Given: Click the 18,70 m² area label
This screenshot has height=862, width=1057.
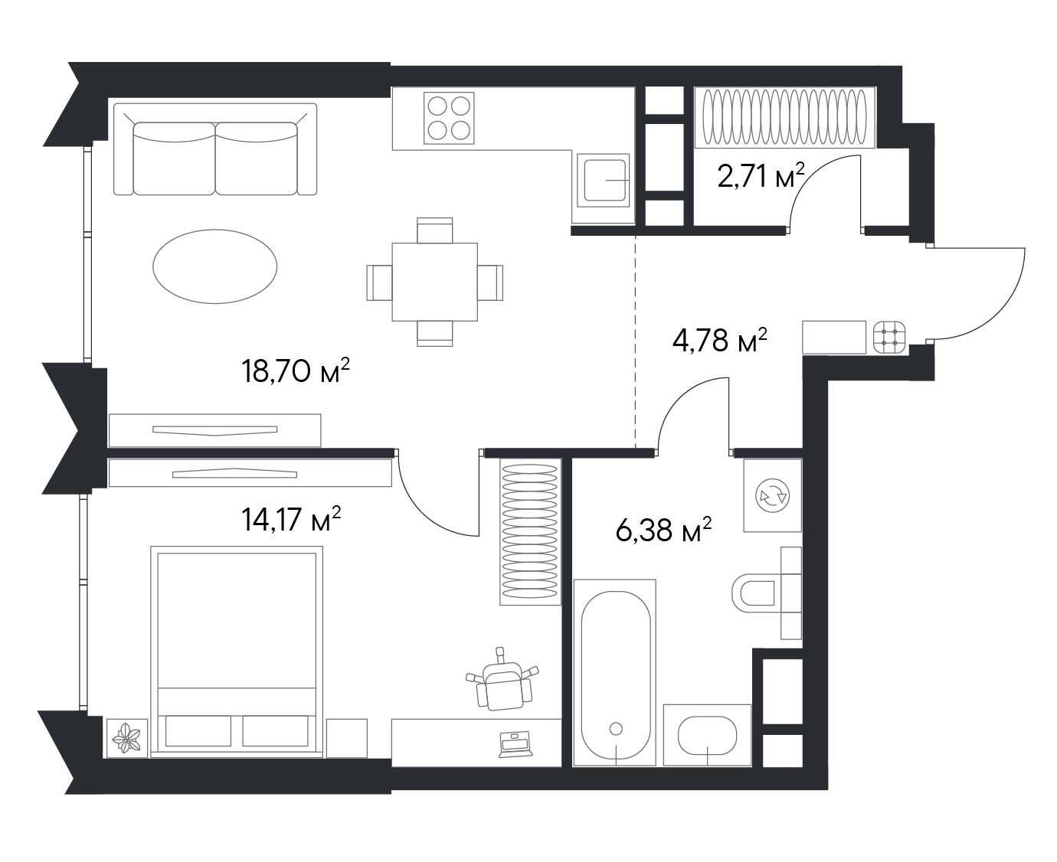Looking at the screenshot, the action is (x=295, y=371).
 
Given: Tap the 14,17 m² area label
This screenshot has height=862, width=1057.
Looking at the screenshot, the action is (x=291, y=519).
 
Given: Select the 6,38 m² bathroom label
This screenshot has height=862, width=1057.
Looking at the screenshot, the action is (x=663, y=531).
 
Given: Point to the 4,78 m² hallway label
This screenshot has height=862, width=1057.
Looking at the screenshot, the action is (x=719, y=341).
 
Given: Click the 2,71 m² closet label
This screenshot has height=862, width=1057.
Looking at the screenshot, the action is (x=761, y=176).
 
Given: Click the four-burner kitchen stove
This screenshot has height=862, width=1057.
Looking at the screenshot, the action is (x=449, y=118).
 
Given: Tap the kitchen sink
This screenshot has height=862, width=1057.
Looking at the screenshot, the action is (x=603, y=181).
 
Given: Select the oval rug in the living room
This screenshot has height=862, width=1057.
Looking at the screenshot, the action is (x=215, y=266).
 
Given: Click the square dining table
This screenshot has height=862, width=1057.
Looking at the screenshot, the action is (x=434, y=282).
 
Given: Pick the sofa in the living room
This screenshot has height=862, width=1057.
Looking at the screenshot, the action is (x=215, y=149).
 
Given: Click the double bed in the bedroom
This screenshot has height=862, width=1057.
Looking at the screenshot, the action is (x=237, y=651).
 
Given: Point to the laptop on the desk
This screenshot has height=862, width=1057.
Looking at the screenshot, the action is (x=515, y=745).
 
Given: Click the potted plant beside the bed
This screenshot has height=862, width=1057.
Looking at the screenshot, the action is (x=127, y=738).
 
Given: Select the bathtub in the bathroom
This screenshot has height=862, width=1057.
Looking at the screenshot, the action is (x=615, y=673).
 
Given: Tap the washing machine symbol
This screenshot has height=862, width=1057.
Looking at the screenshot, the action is (x=772, y=495).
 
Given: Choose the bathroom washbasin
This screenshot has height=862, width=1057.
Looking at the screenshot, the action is (x=707, y=735).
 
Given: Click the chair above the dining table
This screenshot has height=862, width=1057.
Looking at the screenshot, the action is (x=434, y=230).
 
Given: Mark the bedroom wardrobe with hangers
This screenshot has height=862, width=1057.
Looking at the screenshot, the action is (x=530, y=531).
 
